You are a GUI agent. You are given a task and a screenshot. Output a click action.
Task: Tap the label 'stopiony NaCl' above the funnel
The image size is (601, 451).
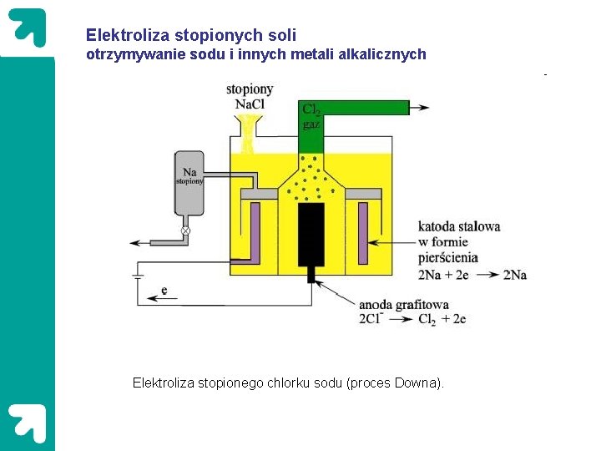[x=250, y=97]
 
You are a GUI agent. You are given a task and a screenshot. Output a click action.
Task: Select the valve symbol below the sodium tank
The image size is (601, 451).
[x=185, y=231]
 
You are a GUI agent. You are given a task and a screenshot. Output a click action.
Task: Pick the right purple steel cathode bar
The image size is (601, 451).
[x=362, y=231]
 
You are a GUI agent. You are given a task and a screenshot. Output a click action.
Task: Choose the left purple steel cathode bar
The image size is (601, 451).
[x=256, y=231]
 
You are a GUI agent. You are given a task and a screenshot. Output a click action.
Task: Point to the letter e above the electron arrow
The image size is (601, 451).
[x=164, y=290]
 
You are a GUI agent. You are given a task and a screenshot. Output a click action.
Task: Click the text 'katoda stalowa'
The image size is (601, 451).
[x=458, y=226]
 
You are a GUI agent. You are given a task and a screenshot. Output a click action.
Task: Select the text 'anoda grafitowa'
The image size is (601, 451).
[x=404, y=305]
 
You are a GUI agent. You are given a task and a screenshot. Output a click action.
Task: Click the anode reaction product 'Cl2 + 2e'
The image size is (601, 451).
[x=442, y=319]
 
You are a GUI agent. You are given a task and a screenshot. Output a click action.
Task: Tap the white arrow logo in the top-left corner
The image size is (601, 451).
[x=28, y=27]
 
